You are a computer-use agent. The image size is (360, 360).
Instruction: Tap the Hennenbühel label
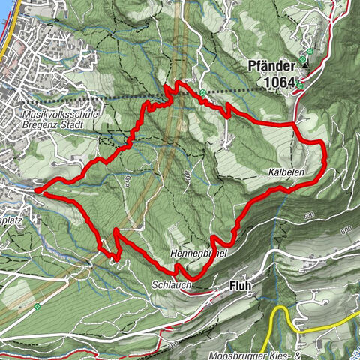(198, 254)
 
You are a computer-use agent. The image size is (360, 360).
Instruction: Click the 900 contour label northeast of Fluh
(309, 216)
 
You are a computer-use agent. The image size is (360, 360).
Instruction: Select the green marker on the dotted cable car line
(203, 93)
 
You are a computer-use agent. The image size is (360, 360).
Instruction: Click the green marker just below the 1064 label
(299, 85)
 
